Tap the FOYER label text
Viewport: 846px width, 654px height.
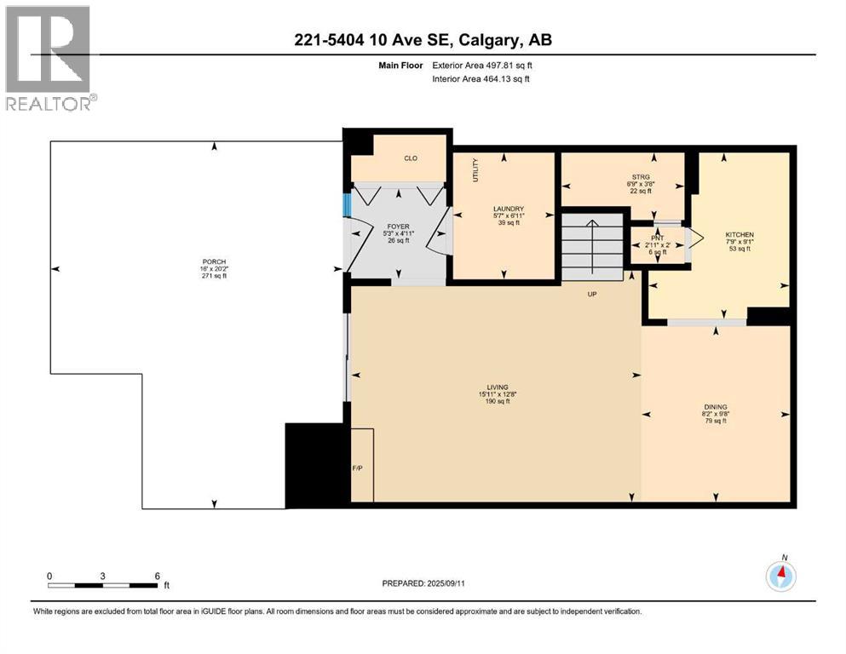click(x=399, y=227)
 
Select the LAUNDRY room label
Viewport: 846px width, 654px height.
click(x=508, y=209)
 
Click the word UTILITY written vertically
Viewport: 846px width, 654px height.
click(x=476, y=170)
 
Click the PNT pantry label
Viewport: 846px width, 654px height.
click(x=657, y=238)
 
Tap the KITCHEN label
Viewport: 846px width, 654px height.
click(x=739, y=234)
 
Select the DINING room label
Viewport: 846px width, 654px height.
click(x=715, y=406)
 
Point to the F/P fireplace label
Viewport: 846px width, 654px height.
click(x=358, y=469)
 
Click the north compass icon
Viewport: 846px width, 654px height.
click(x=780, y=577)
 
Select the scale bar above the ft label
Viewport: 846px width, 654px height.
click(x=103, y=585)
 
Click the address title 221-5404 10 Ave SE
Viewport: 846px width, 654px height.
click(x=423, y=41)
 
